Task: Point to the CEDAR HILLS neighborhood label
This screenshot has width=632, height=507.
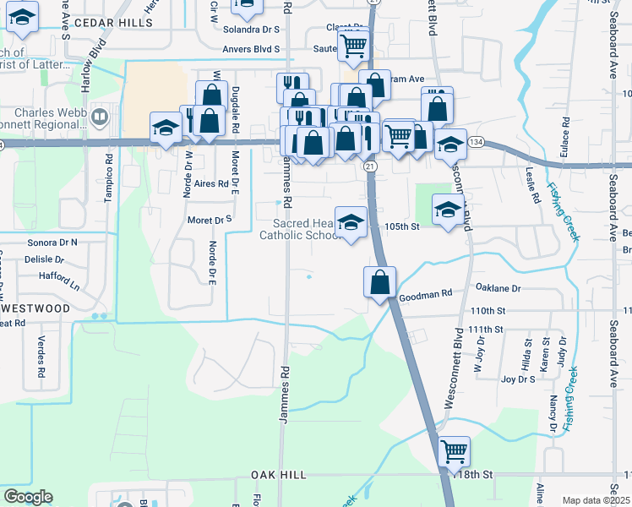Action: point(113,23)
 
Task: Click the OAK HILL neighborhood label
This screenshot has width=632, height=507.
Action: point(278,476)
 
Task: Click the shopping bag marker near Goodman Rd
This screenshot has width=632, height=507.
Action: point(380,281)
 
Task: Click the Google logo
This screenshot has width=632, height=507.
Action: point(29,497)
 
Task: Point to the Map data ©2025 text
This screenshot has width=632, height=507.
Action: point(595,500)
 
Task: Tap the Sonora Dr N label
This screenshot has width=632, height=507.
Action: point(52,243)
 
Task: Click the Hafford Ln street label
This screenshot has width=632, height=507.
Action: point(58,275)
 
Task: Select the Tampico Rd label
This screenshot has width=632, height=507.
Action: point(108,178)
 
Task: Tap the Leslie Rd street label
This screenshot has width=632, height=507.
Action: point(534,188)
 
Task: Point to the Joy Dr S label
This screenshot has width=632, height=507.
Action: point(518,379)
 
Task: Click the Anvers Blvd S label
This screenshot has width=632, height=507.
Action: point(252,49)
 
